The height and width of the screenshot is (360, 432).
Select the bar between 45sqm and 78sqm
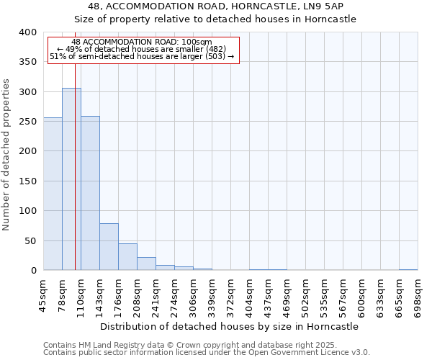coord(53,194)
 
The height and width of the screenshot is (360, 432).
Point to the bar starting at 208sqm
coord(146,264)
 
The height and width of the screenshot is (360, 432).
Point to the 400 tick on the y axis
coord(27,32)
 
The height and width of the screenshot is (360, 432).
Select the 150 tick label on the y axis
coord(27,181)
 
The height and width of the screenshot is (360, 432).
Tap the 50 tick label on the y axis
coord(30,241)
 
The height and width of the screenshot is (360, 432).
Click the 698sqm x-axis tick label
coord(418,295)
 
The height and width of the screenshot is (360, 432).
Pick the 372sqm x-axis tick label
coord(230,295)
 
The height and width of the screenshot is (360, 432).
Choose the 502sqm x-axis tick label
coord(305,295)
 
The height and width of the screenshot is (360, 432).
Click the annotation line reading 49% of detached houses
coord(142,49)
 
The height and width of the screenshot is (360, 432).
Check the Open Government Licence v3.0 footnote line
coord(207,353)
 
